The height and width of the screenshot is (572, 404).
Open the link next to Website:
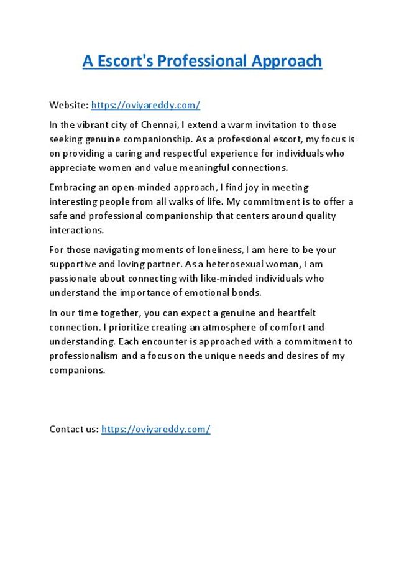tap(145, 105)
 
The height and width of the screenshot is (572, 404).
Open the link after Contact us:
tap(155, 429)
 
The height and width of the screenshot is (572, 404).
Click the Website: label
tap(69, 105)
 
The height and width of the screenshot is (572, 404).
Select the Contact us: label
tap(74, 429)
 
